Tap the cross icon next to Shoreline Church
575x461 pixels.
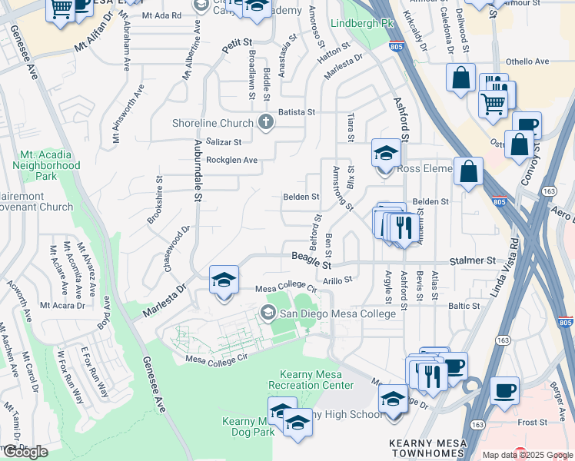click(266, 123)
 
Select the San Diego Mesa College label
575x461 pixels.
click(337, 313)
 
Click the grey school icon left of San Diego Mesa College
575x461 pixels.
click(268, 312)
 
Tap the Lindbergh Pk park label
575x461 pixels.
click(361, 23)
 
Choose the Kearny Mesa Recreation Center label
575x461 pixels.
click(311, 380)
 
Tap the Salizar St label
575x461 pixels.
click(224, 142)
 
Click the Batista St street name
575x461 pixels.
click(297, 112)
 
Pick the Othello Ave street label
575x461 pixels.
click(527, 61)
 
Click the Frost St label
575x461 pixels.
click(531, 422)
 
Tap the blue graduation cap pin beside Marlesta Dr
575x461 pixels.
click(224, 280)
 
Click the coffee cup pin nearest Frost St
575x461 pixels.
click(504, 391)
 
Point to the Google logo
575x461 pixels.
click(25, 451)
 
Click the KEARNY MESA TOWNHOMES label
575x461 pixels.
click(434, 449)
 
